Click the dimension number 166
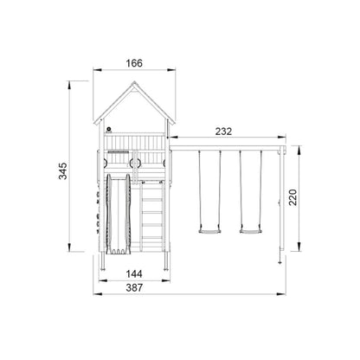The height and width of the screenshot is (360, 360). [x=134, y=63]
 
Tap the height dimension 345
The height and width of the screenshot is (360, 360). [x=63, y=170]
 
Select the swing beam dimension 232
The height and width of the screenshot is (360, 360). [x=223, y=132]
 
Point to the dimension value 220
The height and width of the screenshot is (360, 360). [x=293, y=197]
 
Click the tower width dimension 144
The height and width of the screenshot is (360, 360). [x=134, y=273]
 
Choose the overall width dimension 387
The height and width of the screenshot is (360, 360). [x=134, y=287]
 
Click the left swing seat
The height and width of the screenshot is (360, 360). [x=209, y=231]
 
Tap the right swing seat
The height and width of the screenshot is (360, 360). [x=251, y=231]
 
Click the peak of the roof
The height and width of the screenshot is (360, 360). [x=134, y=82]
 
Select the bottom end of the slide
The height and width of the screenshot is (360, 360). [x=118, y=252]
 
